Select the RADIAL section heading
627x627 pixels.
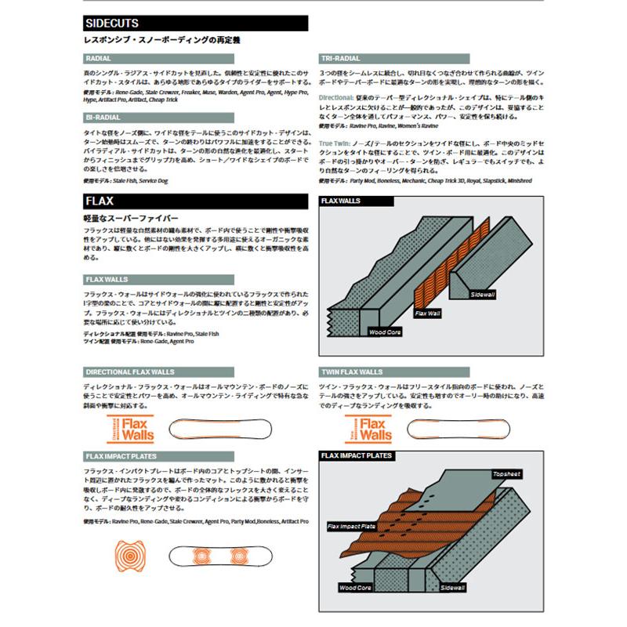coord(97,58)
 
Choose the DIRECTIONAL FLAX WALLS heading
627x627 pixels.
coord(129,371)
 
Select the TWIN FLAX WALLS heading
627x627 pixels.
coord(352,371)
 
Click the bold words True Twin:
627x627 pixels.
coord(335,143)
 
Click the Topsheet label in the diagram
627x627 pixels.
coord(506,474)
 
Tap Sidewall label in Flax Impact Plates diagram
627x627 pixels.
coord(454,586)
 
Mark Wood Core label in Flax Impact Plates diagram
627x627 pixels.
coord(356,586)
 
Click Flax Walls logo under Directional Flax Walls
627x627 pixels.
coord(121,429)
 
